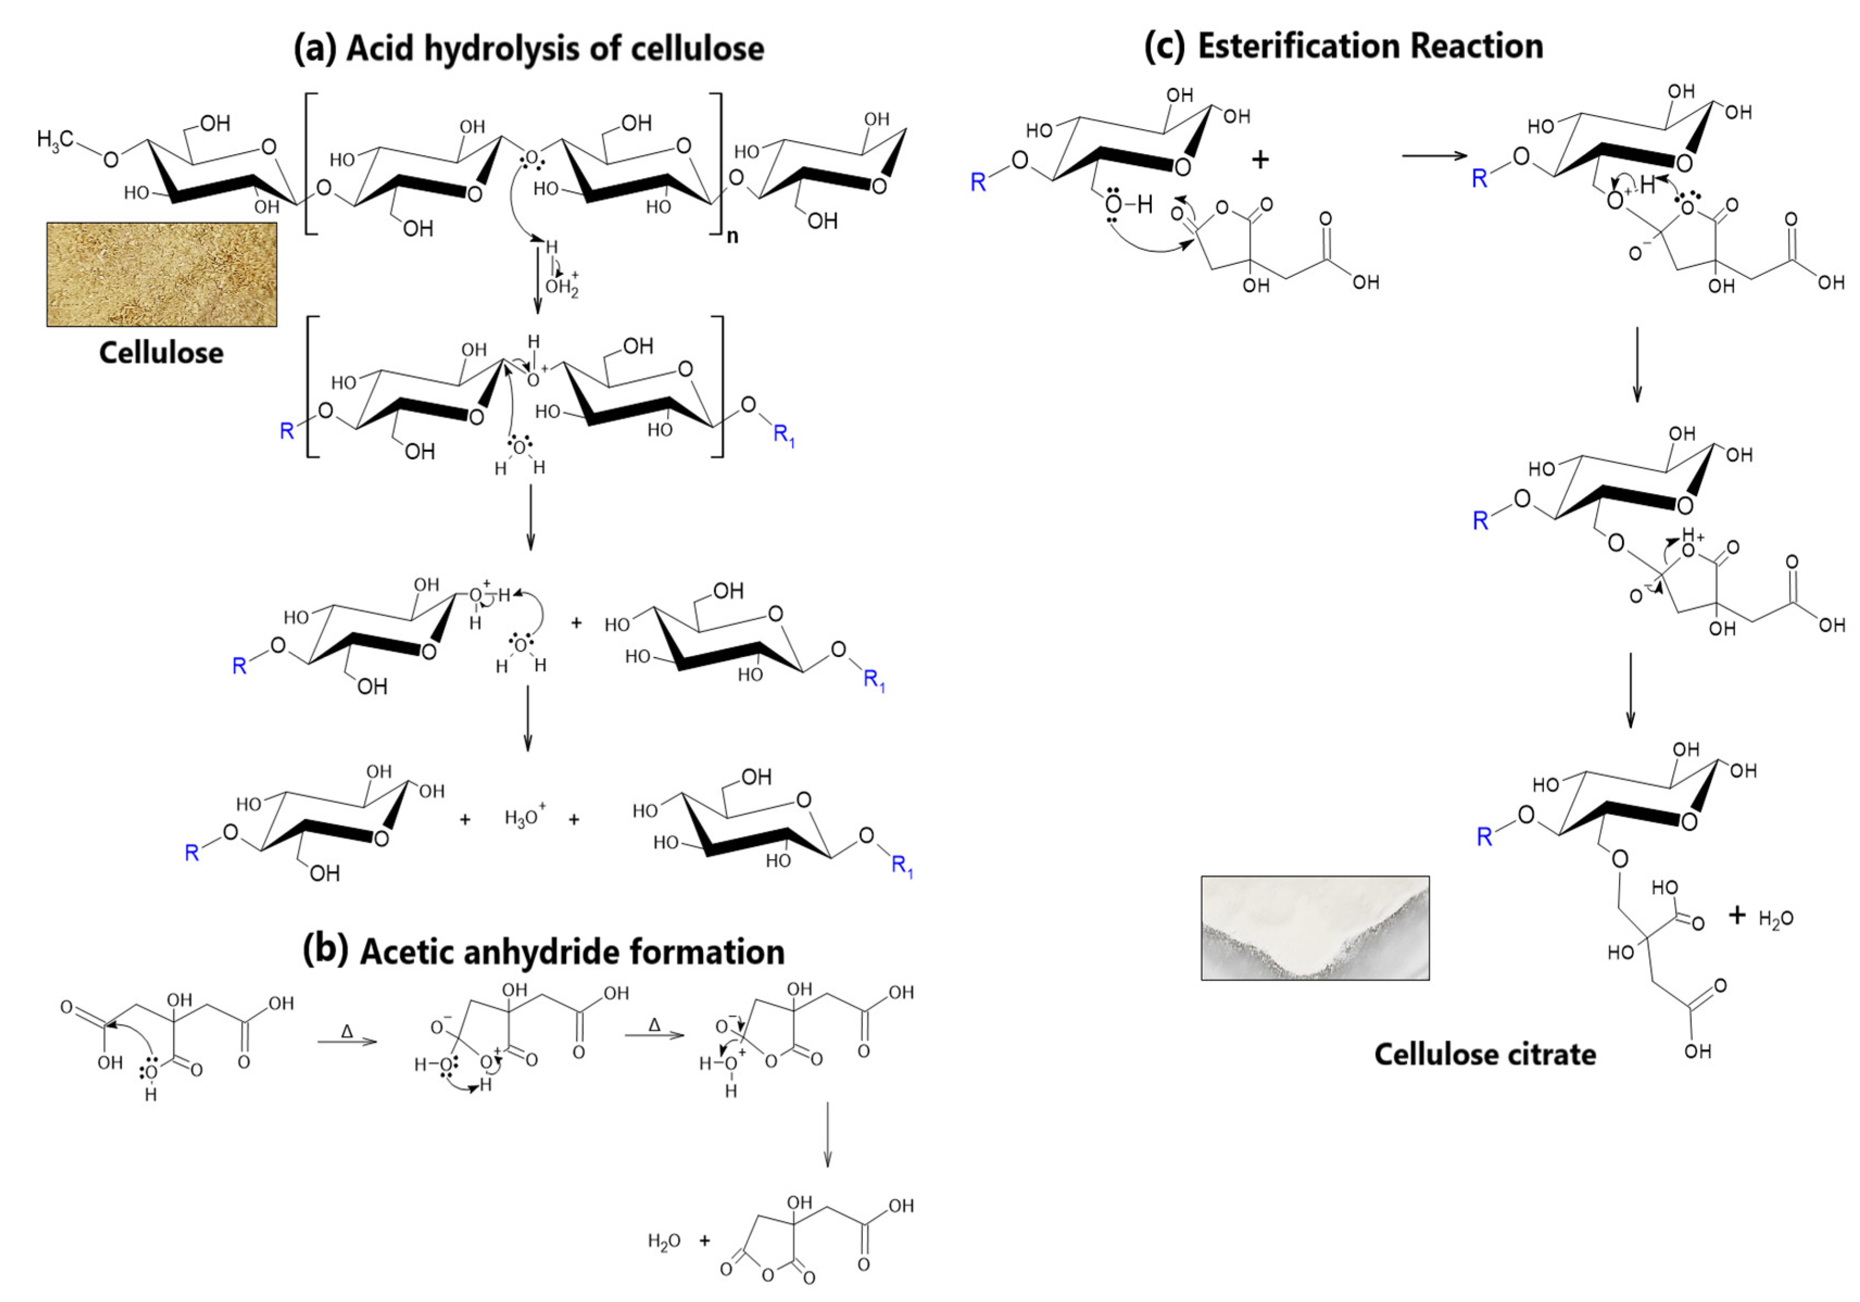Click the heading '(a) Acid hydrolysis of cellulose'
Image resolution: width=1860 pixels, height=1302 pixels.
coord(528,48)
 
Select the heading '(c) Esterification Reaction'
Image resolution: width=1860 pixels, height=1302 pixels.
coord(1343,46)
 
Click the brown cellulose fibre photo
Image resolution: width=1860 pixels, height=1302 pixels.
coord(161,275)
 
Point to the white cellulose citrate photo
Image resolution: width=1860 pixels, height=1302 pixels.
coord(1314,928)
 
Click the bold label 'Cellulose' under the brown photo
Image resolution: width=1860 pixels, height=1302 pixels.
coord(161,353)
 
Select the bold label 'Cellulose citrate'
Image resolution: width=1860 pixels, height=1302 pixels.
coord(1485,1054)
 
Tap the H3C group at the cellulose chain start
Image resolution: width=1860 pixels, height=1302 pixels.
coord(54,141)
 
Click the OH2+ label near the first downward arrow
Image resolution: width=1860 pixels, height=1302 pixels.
coord(562,287)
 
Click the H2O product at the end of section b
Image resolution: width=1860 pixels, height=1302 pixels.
coord(664,1241)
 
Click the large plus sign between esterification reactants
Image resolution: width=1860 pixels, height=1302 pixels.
coord(1260,160)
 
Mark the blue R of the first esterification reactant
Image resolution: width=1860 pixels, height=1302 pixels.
coord(979,183)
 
